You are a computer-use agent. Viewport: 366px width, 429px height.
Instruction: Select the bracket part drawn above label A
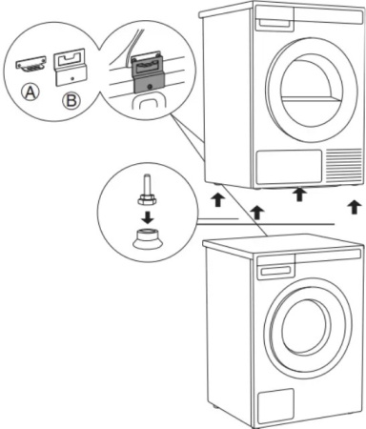[33, 64]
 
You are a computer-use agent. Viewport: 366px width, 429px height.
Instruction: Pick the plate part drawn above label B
[69, 66]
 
